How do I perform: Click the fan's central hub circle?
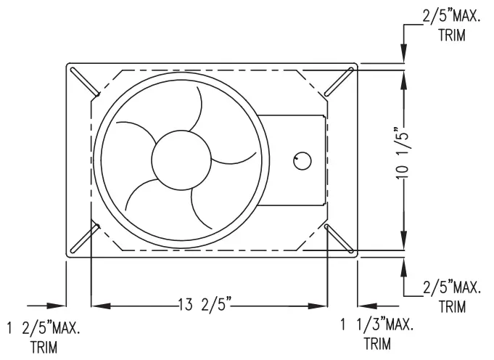[181, 160]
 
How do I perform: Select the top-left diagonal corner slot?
[84, 81]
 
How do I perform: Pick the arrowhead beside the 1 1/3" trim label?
[367, 305]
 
